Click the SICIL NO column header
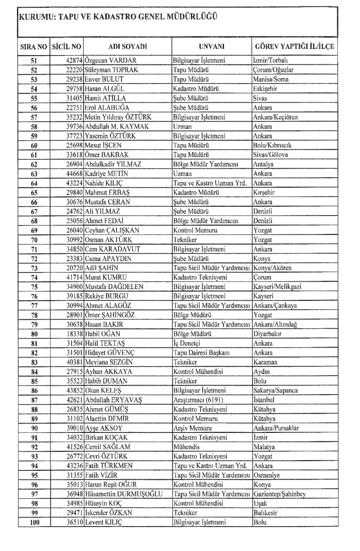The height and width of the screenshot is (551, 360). [x=66, y=46]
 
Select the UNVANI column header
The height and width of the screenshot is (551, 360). [x=211, y=46]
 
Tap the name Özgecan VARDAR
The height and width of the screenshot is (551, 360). [x=111, y=60]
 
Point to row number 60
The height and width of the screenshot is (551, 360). [x=34, y=145]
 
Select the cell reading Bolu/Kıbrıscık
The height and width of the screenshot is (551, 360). [x=272, y=145]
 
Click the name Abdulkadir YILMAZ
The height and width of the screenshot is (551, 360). [x=113, y=164]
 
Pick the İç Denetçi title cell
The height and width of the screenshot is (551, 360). [x=187, y=343]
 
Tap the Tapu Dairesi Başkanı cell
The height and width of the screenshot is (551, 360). [x=201, y=353]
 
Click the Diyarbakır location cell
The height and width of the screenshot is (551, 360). [x=267, y=334]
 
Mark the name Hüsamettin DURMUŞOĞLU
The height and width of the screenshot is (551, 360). [x=124, y=494]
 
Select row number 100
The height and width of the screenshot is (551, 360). [x=34, y=522]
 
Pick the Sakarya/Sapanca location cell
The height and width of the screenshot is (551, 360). [x=276, y=391]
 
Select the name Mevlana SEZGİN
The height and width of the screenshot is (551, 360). [x=109, y=362]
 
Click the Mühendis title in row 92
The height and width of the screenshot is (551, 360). [x=186, y=447]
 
